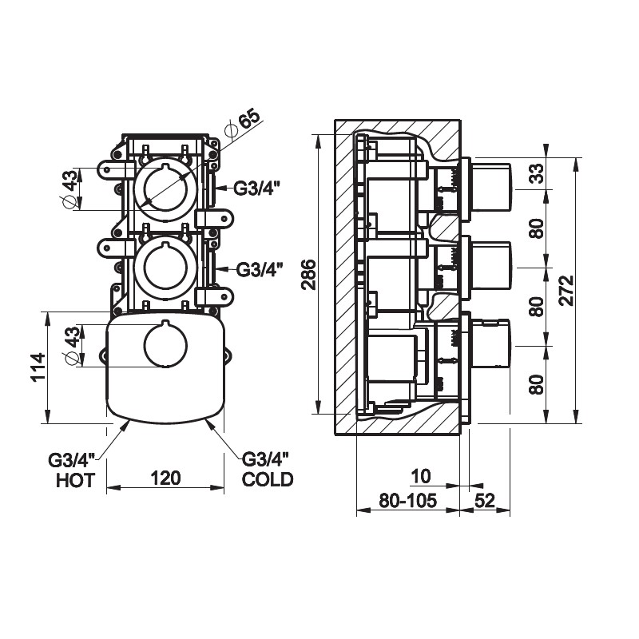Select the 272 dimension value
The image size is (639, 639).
[x=566, y=292]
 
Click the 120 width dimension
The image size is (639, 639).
[x=165, y=478]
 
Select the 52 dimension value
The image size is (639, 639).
[x=485, y=502]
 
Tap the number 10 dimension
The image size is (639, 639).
[x=420, y=477]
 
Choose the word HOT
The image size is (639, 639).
[x=76, y=480]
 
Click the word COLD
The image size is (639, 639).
[x=268, y=480]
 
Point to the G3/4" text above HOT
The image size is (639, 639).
[x=72, y=461]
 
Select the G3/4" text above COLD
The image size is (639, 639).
[x=265, y=459]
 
